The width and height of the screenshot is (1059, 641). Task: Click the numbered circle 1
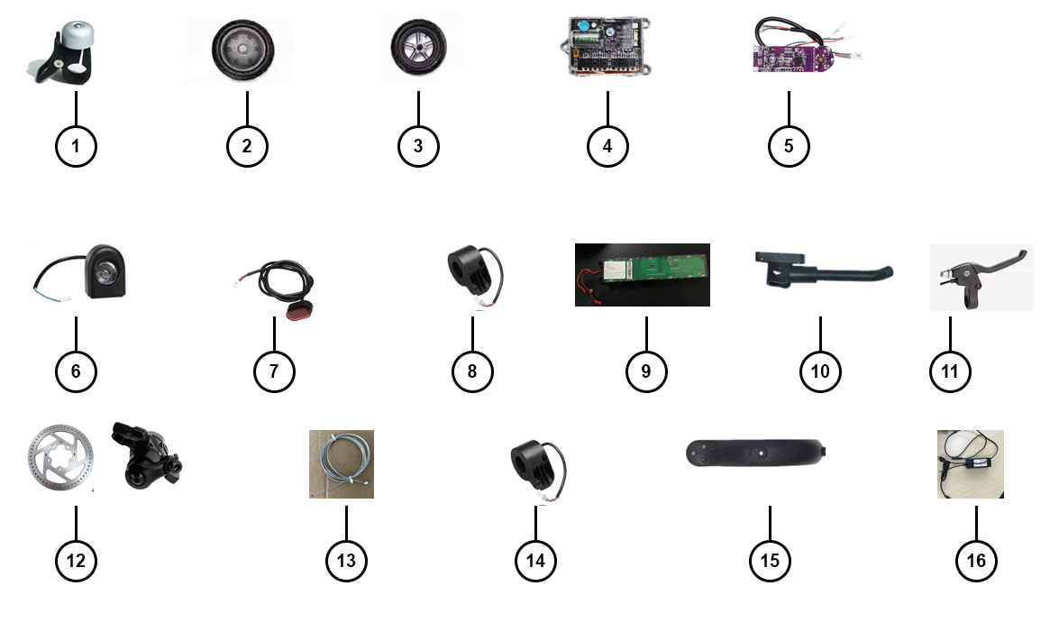tap(76, 145)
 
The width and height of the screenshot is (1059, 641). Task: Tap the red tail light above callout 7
tap(295, 312)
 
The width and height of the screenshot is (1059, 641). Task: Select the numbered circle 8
tap(472, 371)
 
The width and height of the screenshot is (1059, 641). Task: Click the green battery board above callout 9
tap(642, 275)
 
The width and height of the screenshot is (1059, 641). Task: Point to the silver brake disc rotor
tap(58, 459)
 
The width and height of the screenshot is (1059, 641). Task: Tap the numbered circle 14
tap(535, 560)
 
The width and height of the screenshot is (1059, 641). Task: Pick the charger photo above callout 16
tap(970, 463)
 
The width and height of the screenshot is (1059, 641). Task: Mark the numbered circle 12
tap(76, 560)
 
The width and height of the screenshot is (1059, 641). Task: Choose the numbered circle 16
tap(976, 560)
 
